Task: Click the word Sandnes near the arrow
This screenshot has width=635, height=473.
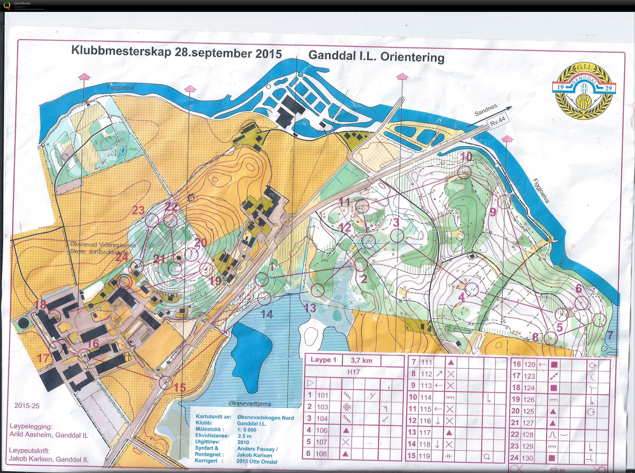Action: tap(486, 110)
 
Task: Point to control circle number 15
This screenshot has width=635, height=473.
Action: tap(164, 383)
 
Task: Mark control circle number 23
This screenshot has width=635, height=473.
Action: tap(152, 221)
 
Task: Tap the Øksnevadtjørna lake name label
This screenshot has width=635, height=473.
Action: tap(250, 404)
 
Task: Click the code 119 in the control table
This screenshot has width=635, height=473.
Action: tap(425, 456)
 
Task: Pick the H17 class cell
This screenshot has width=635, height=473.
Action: tap(353, 372)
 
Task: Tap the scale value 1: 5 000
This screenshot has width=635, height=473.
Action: tap(247, 430)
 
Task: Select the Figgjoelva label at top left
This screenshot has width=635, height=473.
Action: tap(120, 88)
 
